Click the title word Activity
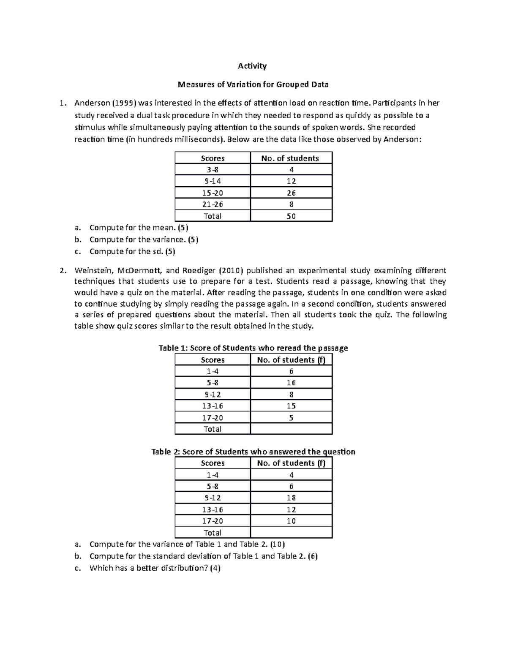[x=252, y=66]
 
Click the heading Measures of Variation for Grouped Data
[x=253, y=84]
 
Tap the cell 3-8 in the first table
[x=213, y=170]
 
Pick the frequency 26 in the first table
[x=291, y=193]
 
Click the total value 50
[x=291, y=216]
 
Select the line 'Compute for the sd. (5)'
[x=132, y=251]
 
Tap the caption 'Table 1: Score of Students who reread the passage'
[x=253, y=348]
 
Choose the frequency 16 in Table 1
[x=291, y=383]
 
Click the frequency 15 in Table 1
[x=291, y=406]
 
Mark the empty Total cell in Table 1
[x=291, y=429]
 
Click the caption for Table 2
[x=253, y=452]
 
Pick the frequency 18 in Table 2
[x=291, y=498]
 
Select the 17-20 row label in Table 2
[x=213, y=521]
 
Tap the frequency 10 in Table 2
[x=291, y=521]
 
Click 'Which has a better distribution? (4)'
[x=155, y=568]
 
